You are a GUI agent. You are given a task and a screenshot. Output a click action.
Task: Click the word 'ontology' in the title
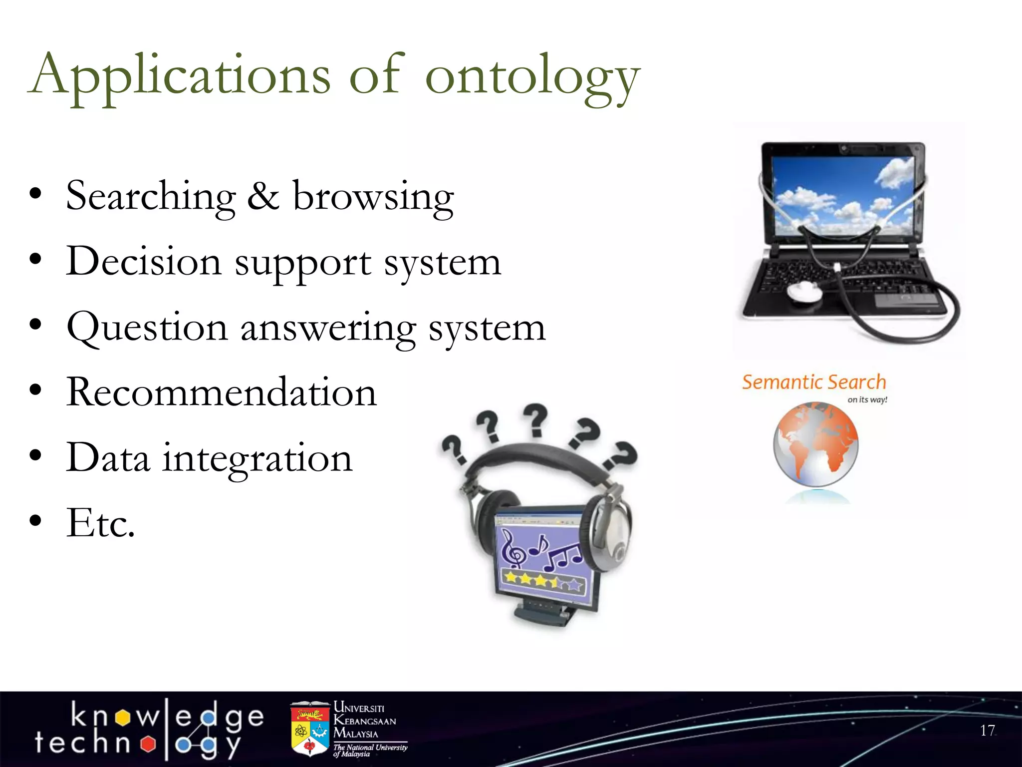pos(532,77)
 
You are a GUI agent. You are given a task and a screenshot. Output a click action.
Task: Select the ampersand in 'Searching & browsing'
pos(263,196)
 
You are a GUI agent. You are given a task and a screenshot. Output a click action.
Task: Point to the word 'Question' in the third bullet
pos(147,328)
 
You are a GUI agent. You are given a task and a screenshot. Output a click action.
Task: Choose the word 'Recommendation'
pos(221,392)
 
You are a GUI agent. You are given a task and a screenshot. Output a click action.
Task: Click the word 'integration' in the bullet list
pos(257,458)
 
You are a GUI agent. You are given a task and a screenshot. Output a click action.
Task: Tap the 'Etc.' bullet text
pos(100,523)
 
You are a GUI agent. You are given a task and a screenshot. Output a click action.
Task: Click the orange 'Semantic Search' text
pos(813,383)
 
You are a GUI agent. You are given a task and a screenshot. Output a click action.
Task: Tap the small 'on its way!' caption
pos(867,400)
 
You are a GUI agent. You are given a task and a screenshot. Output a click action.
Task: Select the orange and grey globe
pos(816,445)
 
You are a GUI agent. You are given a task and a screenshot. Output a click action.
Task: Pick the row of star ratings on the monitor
pos(543,581)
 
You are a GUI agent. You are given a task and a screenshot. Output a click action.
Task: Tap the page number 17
pos(987,731)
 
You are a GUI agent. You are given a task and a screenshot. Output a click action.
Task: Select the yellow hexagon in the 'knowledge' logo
pos(123,718)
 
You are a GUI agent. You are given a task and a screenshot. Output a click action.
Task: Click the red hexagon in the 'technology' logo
pos(148,744)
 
